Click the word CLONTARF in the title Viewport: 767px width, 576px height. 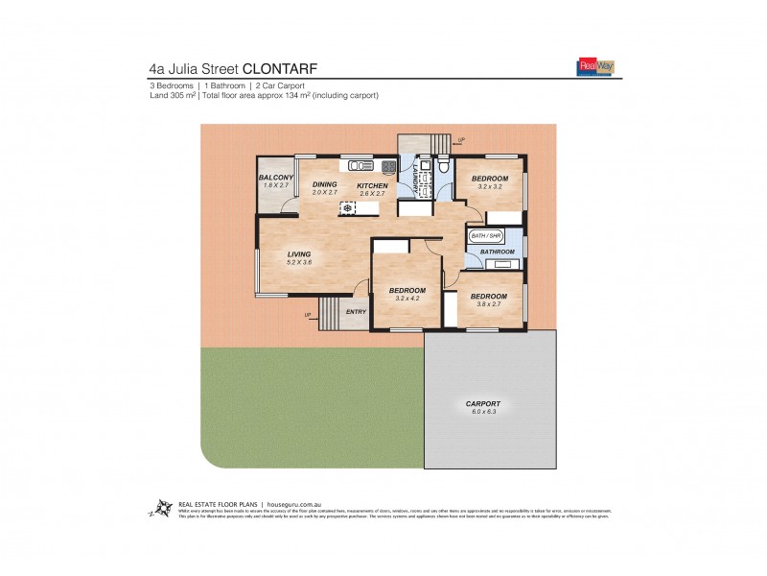pyautogui.click(x=280, y=68)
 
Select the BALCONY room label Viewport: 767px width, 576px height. pyautogui.click(x=275, y=178)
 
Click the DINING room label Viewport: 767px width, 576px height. pyautogui.click(x=326, y=184)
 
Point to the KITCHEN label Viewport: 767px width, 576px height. pyautogui.click(x=371, y=184)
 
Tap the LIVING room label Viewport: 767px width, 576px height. pyautogui.click(x=300, y=253)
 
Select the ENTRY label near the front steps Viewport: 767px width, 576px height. pyautogui.click(x=356, y=311)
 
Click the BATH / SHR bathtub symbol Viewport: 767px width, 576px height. pyautogui.click(x=485, y=235)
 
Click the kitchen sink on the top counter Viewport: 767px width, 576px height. pyautogui.click(x=361, y=164)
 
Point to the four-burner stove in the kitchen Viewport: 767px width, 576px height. pyautogui.click(x=388, y=165)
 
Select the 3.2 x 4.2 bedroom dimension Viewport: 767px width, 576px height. pyautogui.click(x=408, y=299)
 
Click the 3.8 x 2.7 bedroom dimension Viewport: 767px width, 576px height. pyautogui.click(x=489, y=304)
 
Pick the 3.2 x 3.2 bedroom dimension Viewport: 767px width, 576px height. pyautogui.click(x=491, y=187)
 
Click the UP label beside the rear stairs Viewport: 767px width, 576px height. pyautogui.click(x=462, y=140)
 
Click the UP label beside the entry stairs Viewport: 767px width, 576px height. pyautogui.click(x=308, y=315)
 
